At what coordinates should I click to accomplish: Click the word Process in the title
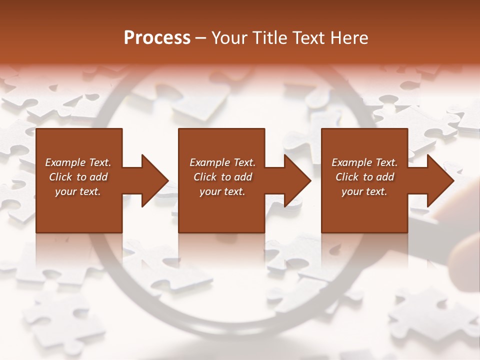157,38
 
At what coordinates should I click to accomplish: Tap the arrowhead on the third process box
440,180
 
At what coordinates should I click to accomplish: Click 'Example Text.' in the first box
78,162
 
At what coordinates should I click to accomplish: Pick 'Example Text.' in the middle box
222,162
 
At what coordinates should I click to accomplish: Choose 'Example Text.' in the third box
364,162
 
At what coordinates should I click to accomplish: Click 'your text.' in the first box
78,191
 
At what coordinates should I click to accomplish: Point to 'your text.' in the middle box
222,191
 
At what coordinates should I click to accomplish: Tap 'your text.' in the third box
364,191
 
